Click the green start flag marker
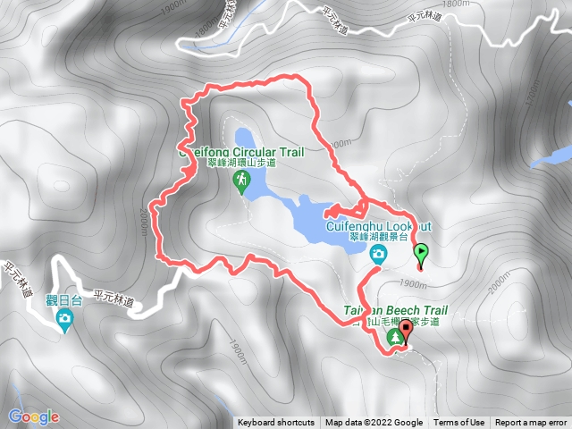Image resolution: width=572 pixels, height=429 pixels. pyautogui.click(x=422, y=254)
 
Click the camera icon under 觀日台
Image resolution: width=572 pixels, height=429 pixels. pyautogui.click(x=64, y=319)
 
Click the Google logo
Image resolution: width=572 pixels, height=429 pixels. pyautogui.click(x=33, y=416)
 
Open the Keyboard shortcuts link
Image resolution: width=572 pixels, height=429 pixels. pyautogui.click(x=276, y=423)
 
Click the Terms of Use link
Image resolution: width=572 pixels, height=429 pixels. pyautogui.click(x=459, y=423)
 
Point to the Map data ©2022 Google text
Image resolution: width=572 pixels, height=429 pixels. pyautogui.click(x=374, y=423)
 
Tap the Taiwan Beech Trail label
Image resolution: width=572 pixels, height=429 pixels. pyautogui.click(x=395, y=311)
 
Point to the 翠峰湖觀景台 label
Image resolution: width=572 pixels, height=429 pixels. pyautogui.click(x=377, y=239)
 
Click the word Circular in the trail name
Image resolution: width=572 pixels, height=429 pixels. pyautogui.click(x=253, y=151)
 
